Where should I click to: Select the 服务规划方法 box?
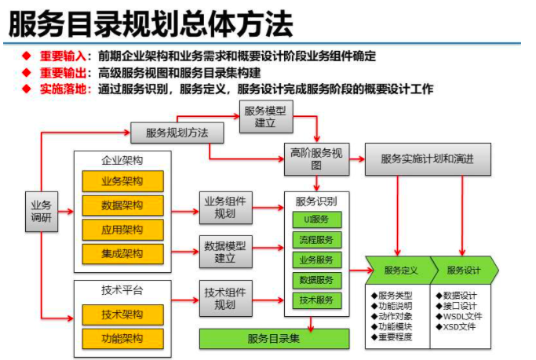[x=177, y=133]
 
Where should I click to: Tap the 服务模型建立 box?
[x=264, y=117]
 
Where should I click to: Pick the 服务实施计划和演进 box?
[x=428, y=158]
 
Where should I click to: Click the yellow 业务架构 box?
[x=122, y=181]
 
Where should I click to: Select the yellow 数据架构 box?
[x=122, y=205]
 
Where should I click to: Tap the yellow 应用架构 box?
[x=122, y=230]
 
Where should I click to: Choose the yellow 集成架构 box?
[x=122, y=254]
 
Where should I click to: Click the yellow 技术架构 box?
[x=122, y=315]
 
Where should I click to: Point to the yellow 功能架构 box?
[x=122, y=340]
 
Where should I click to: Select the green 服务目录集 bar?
[x=274, y=339]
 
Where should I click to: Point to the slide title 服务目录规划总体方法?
[x=150, y=24]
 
